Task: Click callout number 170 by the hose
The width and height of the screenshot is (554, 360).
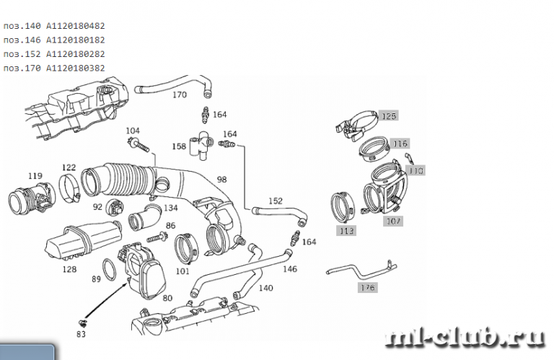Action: coord(179,95)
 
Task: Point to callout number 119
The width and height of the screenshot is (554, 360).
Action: coord(35,175)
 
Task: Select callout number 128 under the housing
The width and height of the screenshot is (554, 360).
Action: coord(69,269)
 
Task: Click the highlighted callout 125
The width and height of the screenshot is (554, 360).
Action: coord(389,116)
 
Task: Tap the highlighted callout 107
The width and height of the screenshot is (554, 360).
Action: coord(392,221)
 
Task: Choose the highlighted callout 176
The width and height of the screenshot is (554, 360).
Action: coord(367,288)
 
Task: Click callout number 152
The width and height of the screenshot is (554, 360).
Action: coord(276,201)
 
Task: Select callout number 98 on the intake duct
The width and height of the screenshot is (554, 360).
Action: coord(221,179)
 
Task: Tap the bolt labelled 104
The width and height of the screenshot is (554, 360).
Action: coord(142,148)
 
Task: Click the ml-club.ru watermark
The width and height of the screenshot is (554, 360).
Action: coord(465,337)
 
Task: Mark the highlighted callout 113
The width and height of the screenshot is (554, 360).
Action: coord(347,231)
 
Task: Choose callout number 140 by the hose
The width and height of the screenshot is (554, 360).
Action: coord(265,288)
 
